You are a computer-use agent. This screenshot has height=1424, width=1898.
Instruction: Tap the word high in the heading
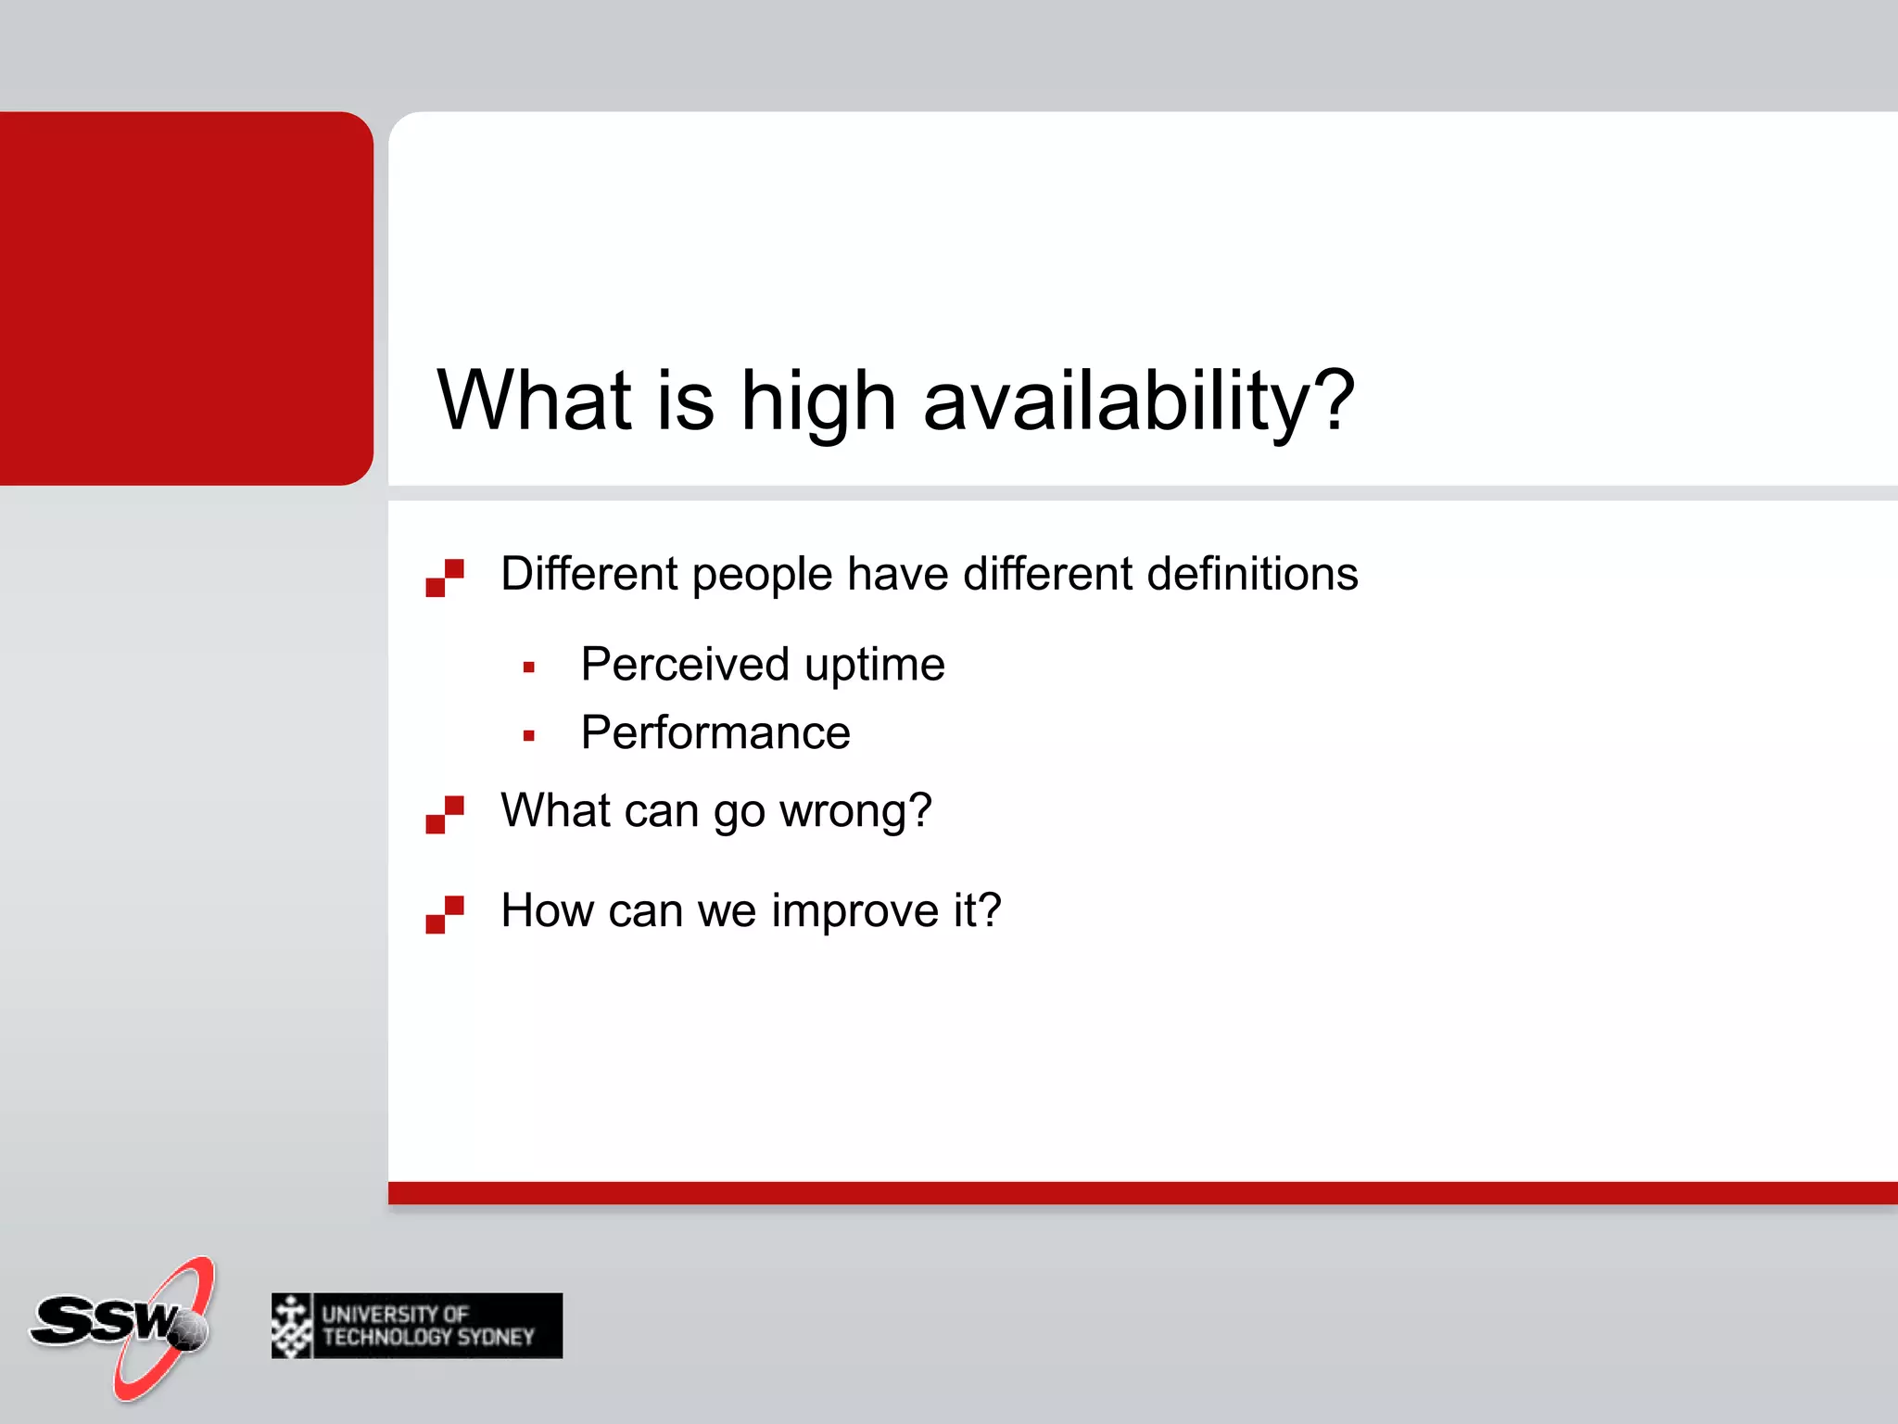tap(817, 401)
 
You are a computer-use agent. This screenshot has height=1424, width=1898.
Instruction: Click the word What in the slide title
tap(535, 401)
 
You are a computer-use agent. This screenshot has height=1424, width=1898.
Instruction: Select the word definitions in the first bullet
tap(1252, 574)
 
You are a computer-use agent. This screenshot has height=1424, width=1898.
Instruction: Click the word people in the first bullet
tap(762, 574)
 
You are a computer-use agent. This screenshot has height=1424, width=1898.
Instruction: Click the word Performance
tap(715, 733)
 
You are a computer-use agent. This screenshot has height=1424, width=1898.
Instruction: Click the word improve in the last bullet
tap(855, 910)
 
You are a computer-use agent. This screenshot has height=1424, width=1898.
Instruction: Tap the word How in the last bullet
tap(547, 910)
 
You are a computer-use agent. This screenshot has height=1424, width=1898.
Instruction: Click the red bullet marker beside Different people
tap(445, 578)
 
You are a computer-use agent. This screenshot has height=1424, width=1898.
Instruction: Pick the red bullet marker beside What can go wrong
tap(445, 815)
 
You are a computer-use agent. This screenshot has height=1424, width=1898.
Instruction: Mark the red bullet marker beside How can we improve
tap(445, 914)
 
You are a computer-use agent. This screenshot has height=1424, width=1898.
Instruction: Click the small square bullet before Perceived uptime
tap(529, 667)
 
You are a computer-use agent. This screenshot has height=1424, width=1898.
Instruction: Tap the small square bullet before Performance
tap(529, 736)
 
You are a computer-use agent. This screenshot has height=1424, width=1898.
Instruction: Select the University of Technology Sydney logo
tap(417, 1326)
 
